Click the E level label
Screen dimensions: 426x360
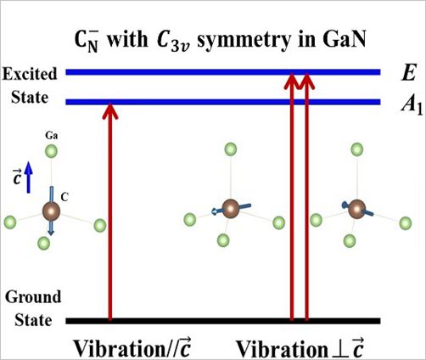[409, 73]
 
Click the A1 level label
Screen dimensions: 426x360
[412, 105]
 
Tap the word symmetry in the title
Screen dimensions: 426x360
[244, 42]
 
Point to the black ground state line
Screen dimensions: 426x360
[223, 321]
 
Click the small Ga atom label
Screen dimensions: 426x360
[52, 136]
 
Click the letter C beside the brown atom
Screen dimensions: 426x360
[64, 197]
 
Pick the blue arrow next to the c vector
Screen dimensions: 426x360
[28, 177]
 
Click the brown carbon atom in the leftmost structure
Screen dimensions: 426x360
[51, 211]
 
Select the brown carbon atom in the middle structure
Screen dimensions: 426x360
[231, 209]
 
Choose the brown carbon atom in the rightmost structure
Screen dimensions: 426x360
[356, 209]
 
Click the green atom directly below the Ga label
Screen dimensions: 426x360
[52, 151]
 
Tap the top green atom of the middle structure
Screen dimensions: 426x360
[231, 149]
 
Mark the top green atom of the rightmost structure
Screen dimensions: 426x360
[357, 149]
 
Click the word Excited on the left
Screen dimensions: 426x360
[30, 74]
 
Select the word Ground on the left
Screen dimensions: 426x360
[33, 297]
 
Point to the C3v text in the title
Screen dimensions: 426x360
[173, 42]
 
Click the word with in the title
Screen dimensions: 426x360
[127, 39]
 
